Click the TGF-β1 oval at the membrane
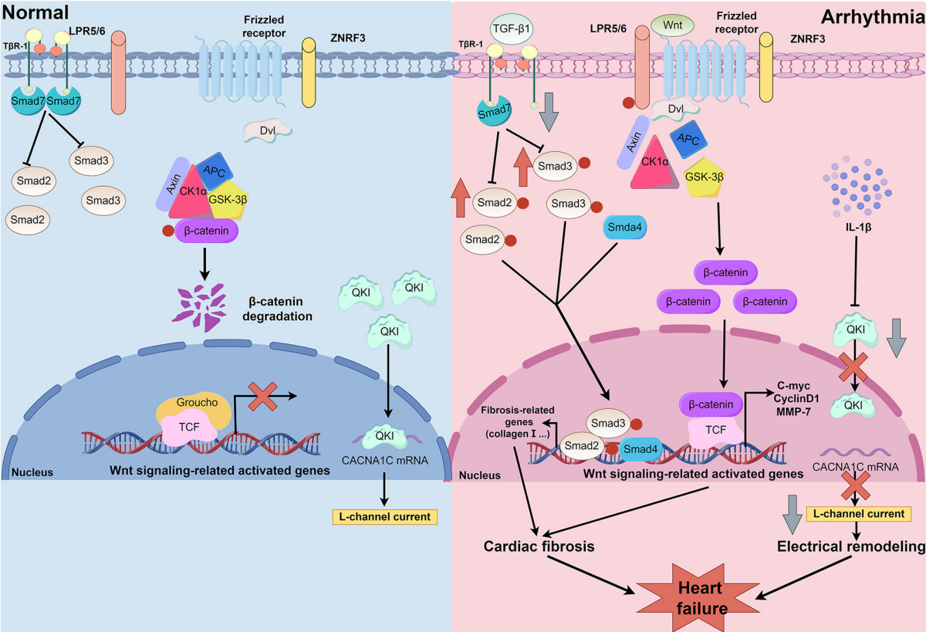[512, 29]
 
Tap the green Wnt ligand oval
[672, 25]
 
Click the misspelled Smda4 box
[624, 227]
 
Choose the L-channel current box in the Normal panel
[385, 517]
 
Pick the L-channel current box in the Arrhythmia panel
[859, 514]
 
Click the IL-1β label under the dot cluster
[858, 227]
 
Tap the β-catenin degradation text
[277, 309]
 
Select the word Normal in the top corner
[35, 12]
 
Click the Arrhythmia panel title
[873, 17]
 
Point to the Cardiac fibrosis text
[539, 546]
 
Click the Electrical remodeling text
[850, 546]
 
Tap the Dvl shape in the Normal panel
[268, 131]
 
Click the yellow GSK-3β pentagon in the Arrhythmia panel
[704, 177]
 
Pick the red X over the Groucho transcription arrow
[262, 397]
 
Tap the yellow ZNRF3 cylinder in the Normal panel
[309, 73]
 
